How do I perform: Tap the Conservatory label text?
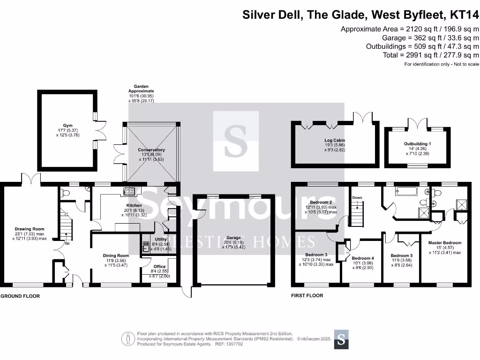pyautogui.click(x=151, y=150)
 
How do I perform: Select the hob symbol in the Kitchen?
pyautogui.click(x=129, y=191)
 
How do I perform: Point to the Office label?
pyautogui.click(x=159, y=266)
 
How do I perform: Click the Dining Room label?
pyautogui.click(x=116, y=255)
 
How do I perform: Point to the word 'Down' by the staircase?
pyautogui.click(x=357, y=198)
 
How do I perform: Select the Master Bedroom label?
pyautogui.click(x=445, y=243)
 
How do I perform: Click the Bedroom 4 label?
pyautogui.click(x=363, y=258)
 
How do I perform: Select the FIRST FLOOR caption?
pyautogui.click(x=307, y=296)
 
